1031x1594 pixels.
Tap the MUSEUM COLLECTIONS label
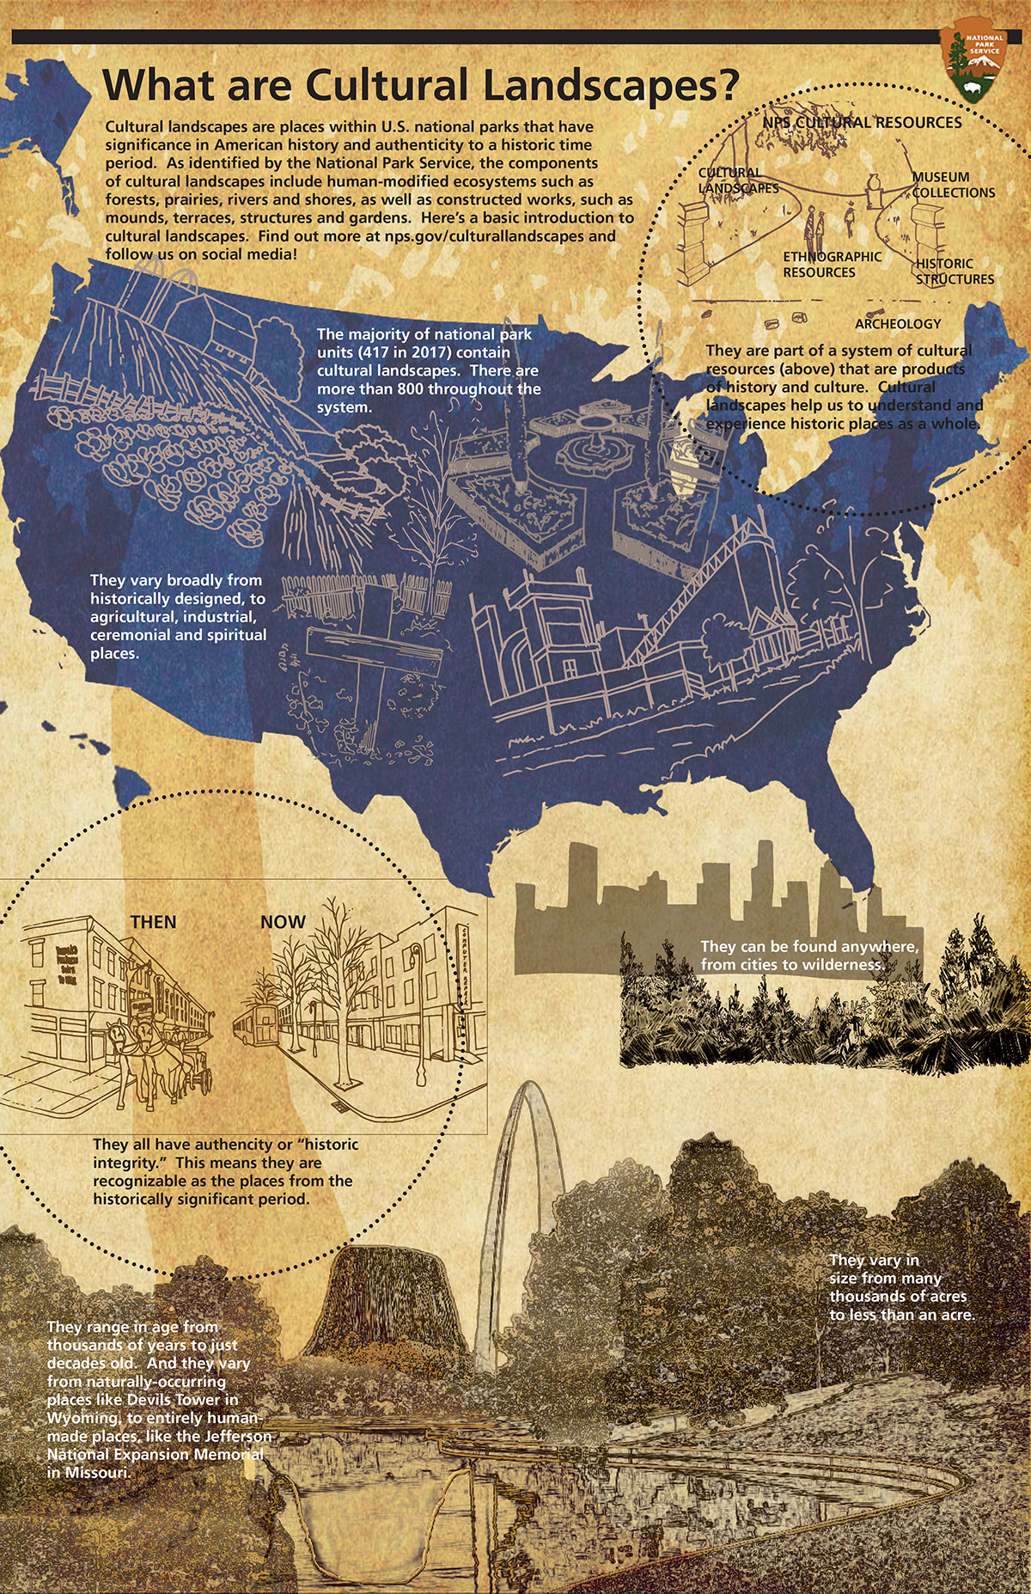coord(953,185)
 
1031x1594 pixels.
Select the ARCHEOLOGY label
coord(898,324)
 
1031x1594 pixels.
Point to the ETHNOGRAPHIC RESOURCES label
coord(831,265)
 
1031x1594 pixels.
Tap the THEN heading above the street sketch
coord(153,922)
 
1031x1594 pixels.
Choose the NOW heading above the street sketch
coord(283,922)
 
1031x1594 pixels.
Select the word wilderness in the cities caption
coord(841,964)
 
